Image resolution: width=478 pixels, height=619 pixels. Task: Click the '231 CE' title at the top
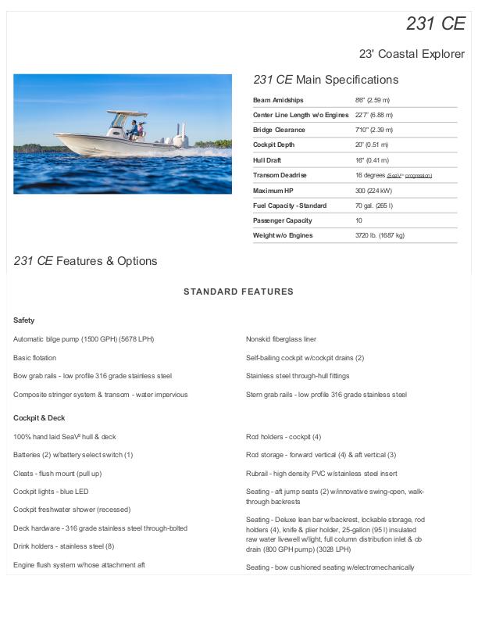435,23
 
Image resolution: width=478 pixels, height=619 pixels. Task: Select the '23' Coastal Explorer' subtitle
412,54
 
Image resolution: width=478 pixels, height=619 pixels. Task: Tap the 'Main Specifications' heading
326,80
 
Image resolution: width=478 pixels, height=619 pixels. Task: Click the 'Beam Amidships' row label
278,100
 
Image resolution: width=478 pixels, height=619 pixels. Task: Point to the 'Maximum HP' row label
273,191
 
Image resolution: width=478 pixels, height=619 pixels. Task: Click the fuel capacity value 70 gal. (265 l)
374,206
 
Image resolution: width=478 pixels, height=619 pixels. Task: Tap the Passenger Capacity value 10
358,220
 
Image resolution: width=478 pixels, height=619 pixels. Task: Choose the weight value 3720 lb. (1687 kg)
380,235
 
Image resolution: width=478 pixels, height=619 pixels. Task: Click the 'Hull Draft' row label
267,160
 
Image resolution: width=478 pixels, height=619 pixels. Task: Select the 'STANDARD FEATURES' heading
238,292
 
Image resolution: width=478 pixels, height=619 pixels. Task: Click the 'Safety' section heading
24,320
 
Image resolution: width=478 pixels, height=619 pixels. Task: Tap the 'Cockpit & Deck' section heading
39,418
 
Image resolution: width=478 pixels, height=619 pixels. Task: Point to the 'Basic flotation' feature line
34,358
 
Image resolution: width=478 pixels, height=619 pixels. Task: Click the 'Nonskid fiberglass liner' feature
281,339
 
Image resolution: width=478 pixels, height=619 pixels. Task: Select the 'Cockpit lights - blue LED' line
51,492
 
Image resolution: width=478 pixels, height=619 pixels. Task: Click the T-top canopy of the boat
127,113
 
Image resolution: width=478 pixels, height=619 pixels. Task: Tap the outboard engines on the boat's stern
176,136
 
